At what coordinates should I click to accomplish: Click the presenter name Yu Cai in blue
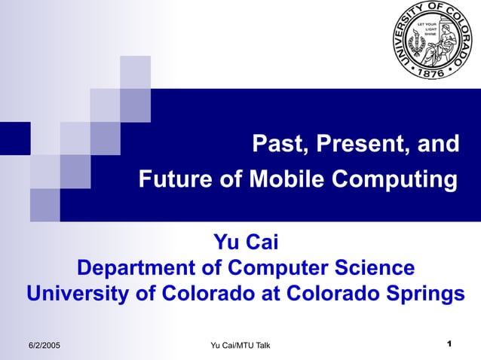[x=247, y=243]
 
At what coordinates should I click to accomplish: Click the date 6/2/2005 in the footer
[x=44, y=345]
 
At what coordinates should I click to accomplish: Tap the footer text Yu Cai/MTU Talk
[x=240, y=345]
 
